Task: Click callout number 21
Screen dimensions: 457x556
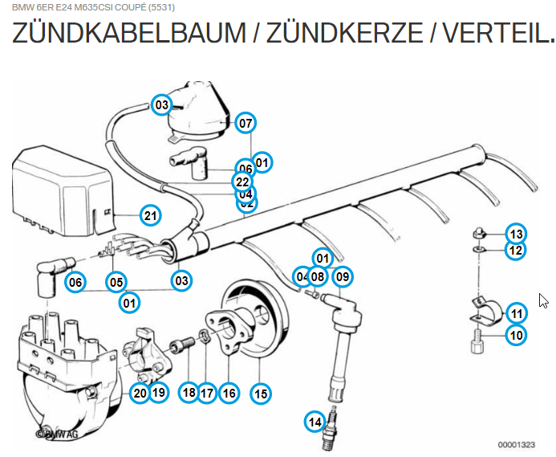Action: [150, 215]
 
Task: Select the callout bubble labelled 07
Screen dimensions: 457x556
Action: [245, 123]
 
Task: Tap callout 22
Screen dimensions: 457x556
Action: [243, 182]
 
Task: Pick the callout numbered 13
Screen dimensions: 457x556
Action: [516, 234]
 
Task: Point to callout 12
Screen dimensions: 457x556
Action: [516, 251]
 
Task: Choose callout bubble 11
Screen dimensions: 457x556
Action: [516, 314]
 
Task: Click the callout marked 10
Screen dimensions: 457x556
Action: [516, 335]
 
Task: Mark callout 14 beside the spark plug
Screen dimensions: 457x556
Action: [316, 421]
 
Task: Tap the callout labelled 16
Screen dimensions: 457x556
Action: [229, 393]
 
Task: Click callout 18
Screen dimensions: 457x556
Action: [189, 393]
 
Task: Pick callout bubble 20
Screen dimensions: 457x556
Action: [140, 393]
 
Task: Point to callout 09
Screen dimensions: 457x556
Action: [343, 278]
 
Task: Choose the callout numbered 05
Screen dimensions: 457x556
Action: [117, 281]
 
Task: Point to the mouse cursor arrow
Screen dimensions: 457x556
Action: [543, 301]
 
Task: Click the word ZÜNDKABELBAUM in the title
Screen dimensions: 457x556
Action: [129, 33]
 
